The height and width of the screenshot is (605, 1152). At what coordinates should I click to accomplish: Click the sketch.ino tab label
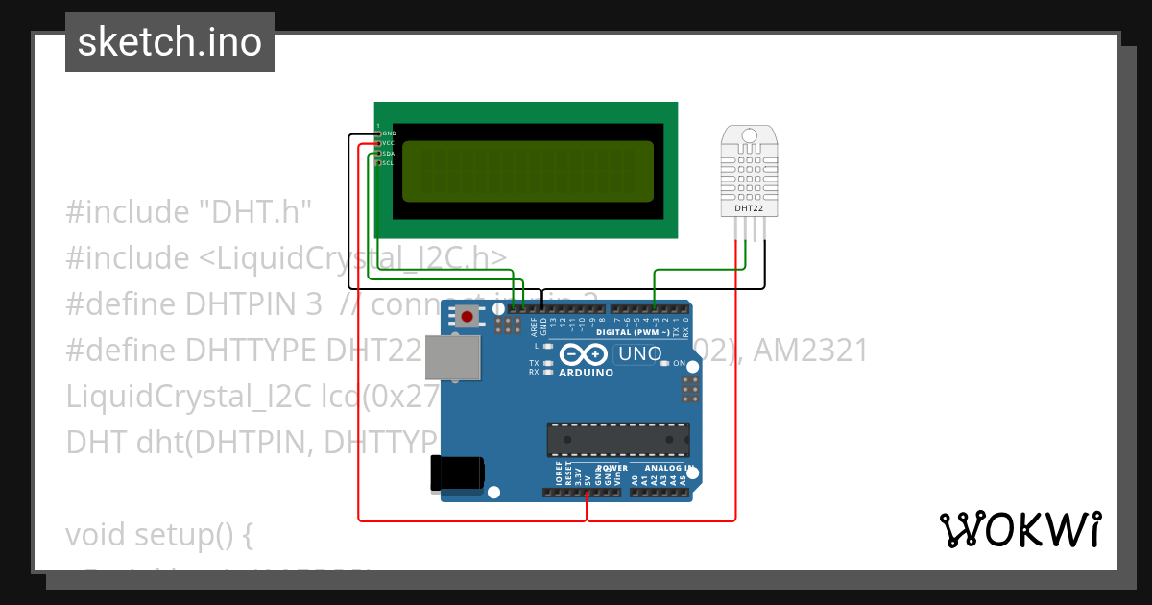169,42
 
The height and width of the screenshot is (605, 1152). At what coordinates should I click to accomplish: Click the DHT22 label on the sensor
750,207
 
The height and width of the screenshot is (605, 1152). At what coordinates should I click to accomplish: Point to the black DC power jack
457,472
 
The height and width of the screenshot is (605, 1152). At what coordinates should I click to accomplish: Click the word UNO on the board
640,354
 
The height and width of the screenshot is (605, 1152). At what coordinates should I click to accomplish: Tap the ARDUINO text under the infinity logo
586,373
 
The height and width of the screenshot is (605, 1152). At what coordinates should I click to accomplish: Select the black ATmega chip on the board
617,439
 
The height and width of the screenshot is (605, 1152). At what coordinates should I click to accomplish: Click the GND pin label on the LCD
389,133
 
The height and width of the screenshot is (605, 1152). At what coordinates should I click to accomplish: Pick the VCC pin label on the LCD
389,143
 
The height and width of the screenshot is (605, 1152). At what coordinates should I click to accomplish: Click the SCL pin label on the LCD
389,163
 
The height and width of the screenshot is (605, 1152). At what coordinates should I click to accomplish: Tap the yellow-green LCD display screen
527,172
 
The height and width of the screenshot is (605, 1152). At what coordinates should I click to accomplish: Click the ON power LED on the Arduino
679,364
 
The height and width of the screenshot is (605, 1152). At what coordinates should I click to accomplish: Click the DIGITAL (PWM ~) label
633,332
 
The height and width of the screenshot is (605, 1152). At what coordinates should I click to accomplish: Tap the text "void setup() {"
159,534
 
